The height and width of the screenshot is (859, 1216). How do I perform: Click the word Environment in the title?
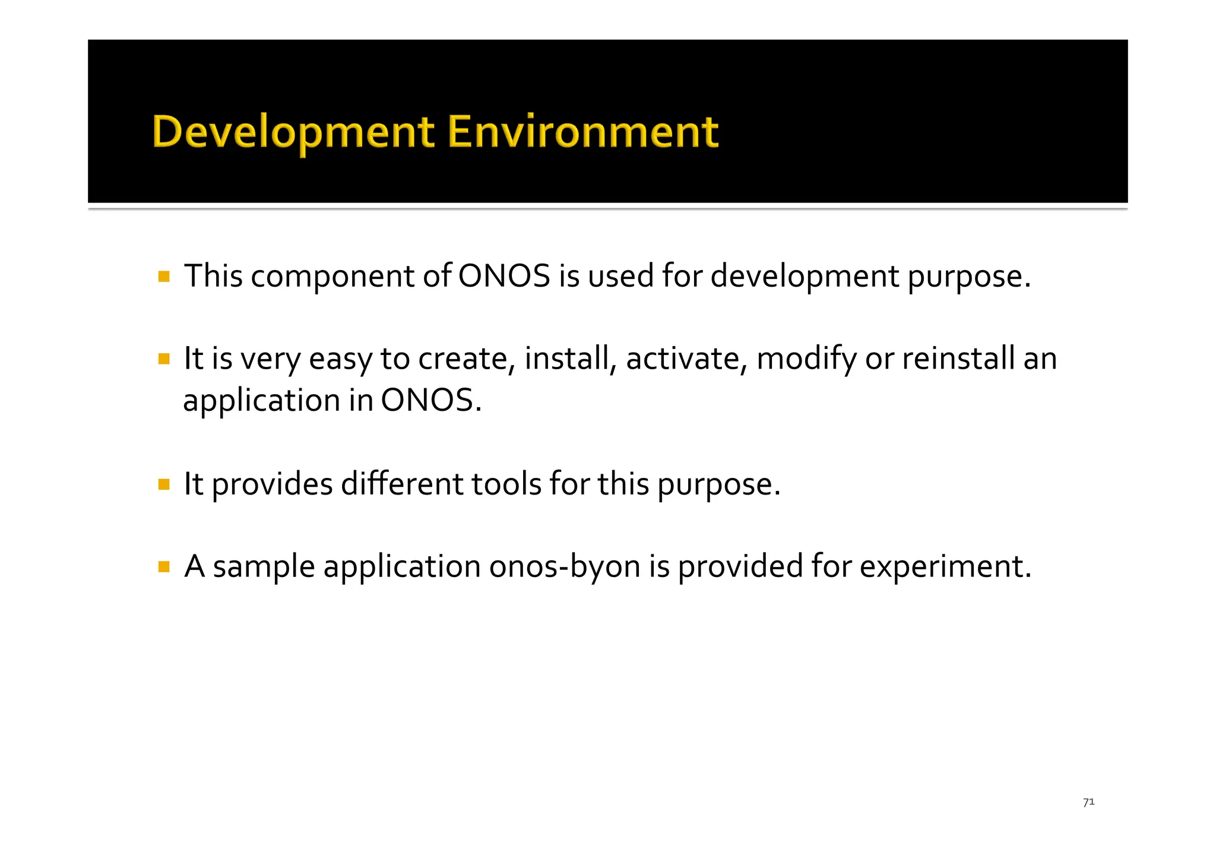(582, 132)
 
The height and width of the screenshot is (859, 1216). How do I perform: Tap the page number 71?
(1088, 802)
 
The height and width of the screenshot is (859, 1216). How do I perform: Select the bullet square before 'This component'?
(164, 277)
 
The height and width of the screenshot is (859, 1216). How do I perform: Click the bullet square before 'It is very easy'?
(164, 359)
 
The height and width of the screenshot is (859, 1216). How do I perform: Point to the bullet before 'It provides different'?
(164, 484)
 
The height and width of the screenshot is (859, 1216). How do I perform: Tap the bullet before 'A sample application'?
(164, 567)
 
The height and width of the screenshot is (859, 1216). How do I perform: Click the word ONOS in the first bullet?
(504, 277)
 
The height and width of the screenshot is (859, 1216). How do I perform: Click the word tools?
(506, 484)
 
